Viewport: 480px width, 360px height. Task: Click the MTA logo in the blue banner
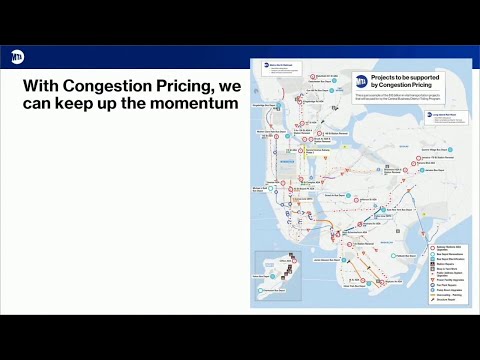point(16,59)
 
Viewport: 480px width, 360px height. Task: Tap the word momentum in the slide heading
point(191,105)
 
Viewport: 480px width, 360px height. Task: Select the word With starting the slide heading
point(43,85)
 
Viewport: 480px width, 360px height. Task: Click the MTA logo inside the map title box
point(363,82)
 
